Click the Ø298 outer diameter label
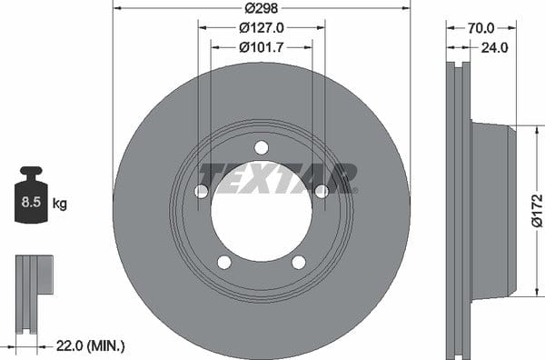(x=261, y=8)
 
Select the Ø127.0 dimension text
(x=262, y=28)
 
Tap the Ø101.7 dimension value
(x=262, y=47)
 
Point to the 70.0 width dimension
(x=481, y=28)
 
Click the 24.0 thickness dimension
(x=494, y=47)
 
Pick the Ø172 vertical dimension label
(x=537, y=211)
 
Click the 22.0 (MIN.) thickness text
(x=90, y=345)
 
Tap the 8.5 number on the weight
(x=31, y=202)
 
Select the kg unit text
(x=59, y=203)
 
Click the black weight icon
(x=31, y=195)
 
